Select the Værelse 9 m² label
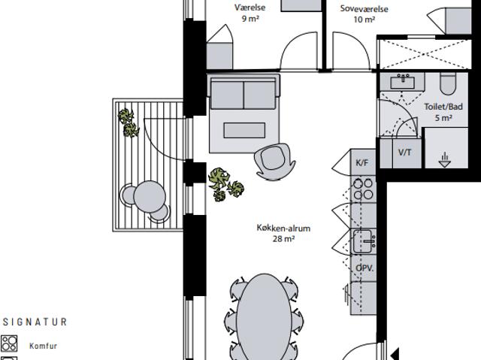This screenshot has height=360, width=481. (250, 13)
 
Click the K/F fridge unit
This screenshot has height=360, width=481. (363, 162)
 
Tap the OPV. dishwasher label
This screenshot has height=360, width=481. (365, 268)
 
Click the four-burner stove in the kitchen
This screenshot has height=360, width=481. (363, 189)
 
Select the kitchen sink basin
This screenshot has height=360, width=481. (365, 241)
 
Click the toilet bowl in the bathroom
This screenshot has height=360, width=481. (448, 83)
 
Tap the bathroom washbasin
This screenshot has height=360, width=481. (403, 82)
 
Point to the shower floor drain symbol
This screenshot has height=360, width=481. (444, 160)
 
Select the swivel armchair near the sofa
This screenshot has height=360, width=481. (274, 162)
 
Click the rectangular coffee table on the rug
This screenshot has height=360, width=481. (244, 130)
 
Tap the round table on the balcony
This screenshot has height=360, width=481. (150, 197)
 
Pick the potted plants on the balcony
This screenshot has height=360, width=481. (129, 123)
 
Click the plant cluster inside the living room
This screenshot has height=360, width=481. (225, 184)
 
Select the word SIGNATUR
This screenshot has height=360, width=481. (35, 322)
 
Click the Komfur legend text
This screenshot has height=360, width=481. (44, 346)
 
